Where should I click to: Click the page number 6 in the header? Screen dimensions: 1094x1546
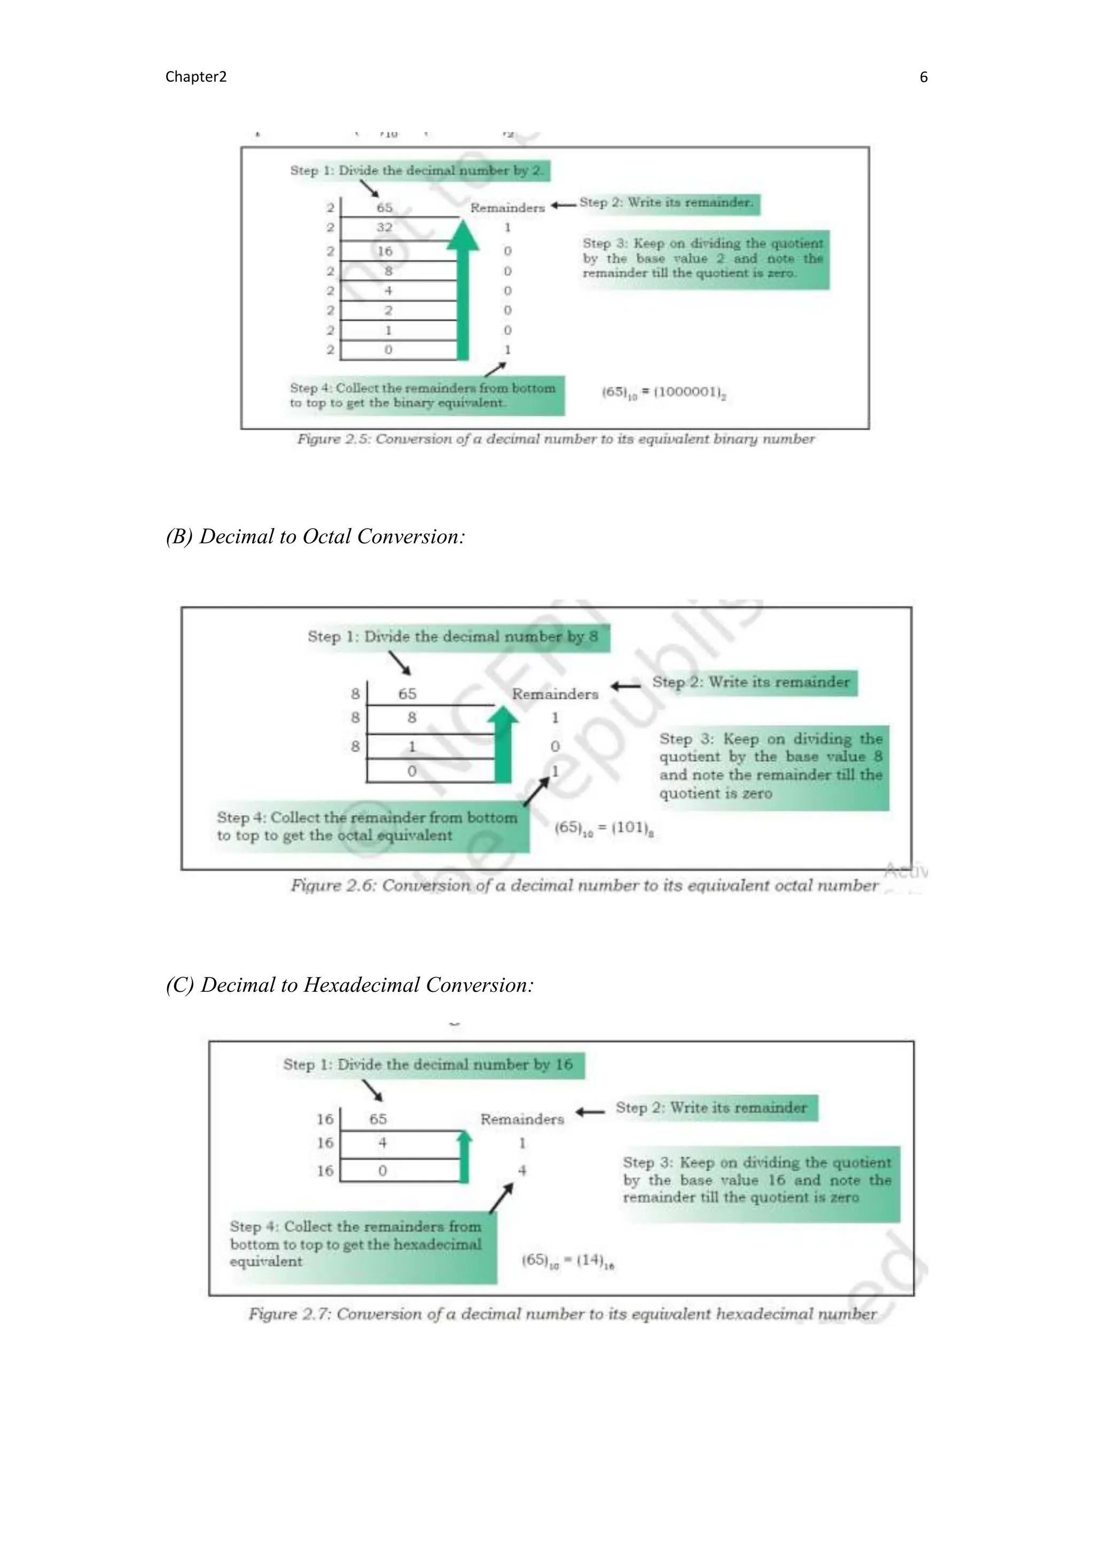point(923,77)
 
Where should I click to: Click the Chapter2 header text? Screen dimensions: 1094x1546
point(196,77)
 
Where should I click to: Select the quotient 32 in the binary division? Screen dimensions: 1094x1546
point(384,227)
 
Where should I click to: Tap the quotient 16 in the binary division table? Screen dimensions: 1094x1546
point(385,251)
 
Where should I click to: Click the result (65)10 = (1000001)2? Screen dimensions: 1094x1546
point(663,392)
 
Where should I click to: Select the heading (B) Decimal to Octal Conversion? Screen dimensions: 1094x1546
point(315,536)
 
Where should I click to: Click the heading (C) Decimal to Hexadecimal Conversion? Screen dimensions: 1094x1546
point(350,984)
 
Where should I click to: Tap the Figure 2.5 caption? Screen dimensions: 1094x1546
point(556,439)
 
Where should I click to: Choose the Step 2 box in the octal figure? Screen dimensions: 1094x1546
point(751,682)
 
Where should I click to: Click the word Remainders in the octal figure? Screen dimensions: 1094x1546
point(554,693)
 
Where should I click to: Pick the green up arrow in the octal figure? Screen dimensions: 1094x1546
point(503,744)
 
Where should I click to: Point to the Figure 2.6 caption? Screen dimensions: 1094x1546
point(584,886)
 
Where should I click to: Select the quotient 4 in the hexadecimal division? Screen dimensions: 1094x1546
point(382,1142)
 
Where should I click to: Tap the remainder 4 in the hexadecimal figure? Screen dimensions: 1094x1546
point(522,1171)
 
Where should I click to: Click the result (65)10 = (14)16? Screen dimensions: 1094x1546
point(568,1260)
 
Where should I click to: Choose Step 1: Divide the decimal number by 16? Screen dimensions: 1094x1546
point(428,1064)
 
